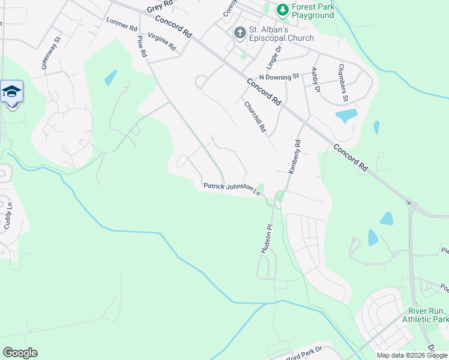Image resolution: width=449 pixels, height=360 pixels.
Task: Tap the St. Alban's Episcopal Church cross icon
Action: click(x=240, y=32)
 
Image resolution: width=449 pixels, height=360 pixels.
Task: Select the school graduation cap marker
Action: click(x=12, y=92)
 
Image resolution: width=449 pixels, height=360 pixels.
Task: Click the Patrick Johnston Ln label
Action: click(x=231, y=189)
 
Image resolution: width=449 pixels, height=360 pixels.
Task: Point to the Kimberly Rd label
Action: click(x=294, y=158)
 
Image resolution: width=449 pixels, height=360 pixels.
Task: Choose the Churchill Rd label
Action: click(x=255, y=116)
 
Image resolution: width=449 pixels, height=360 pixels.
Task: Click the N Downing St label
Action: click(x=279, y=77)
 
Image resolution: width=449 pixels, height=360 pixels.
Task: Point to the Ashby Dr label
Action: click(x=316, y=79)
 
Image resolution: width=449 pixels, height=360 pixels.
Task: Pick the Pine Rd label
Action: click(x=142, y=46)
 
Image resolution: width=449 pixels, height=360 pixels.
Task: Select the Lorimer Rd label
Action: click(x=122, y=24)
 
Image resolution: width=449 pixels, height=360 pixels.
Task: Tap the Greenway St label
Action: click(x=50, y=53)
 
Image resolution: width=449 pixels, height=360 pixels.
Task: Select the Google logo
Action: click(x=20, y=353)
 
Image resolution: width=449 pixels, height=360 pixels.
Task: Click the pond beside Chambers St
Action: click(x=346, y=115)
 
